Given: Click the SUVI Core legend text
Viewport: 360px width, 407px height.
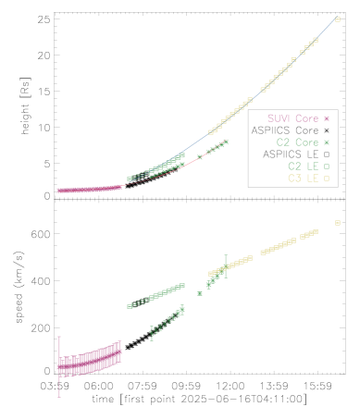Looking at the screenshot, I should [291, 118].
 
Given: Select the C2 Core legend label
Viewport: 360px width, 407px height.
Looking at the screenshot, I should [296, 142].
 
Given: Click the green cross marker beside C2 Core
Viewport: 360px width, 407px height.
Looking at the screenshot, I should [327, 142].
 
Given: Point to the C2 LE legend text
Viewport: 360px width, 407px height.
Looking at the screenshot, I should [302, 166].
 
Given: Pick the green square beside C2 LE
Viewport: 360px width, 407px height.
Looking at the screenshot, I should [327, 166].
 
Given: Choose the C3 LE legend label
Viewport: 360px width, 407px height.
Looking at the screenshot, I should [302, 177].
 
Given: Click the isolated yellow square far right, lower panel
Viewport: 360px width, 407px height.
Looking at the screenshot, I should [338, 223].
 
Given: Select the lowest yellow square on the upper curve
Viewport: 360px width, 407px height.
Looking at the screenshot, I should [211, 132].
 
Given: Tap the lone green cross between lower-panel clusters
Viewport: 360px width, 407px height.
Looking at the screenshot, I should [200, 293].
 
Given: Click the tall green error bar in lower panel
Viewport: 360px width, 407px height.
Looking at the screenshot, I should [225, 267].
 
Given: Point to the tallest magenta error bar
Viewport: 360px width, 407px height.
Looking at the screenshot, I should [60, 366].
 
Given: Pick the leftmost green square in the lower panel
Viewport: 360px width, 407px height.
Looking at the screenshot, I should [130, 306].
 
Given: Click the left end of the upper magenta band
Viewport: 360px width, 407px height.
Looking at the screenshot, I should [59, 191].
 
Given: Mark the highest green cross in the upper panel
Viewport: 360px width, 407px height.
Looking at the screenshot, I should [226, 142].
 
